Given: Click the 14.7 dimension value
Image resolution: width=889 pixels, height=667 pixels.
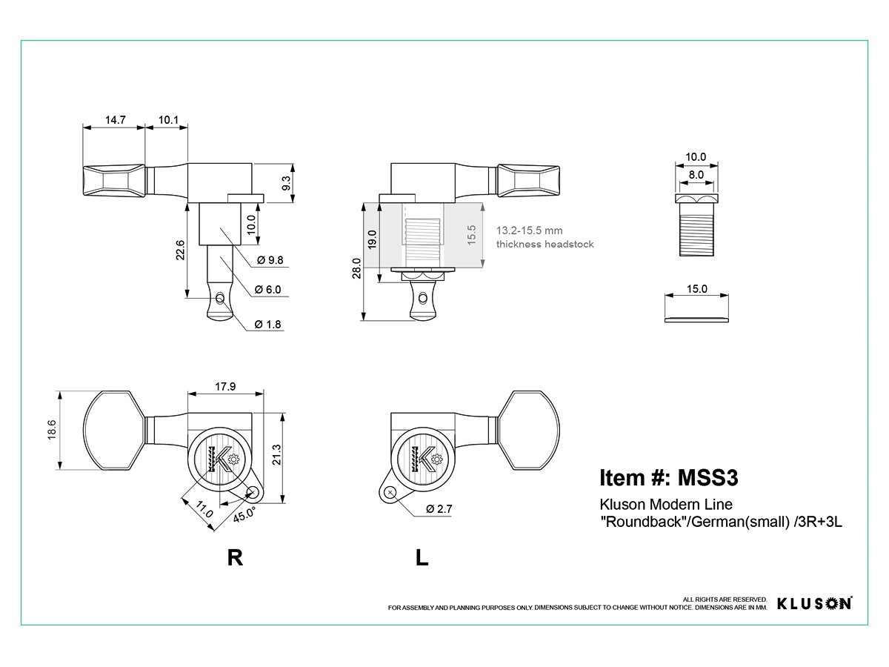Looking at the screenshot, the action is pos(116,120).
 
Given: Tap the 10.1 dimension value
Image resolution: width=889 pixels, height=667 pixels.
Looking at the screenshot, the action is pos(168,120).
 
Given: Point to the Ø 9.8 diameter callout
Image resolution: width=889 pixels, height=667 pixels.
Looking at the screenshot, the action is pos(270,260).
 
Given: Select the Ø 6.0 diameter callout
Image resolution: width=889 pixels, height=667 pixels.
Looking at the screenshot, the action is pos(267,290).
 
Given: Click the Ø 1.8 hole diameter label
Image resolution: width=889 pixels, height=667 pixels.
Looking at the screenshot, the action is pos(267,325).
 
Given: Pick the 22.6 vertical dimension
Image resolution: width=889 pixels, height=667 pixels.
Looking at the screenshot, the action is pos(180,250).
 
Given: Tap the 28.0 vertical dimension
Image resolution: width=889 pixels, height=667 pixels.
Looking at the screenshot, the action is pos(356,268).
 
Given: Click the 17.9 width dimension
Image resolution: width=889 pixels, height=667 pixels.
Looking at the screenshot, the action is pos(225,386).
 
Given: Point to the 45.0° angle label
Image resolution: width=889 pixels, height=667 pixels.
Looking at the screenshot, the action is pos(244,514).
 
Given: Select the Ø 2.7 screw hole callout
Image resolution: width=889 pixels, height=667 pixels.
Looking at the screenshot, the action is pos(439,509).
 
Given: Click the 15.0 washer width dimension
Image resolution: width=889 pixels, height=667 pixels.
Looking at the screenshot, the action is pos(696,289).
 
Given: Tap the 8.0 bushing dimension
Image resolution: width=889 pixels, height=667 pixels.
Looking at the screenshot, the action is pos(696,175).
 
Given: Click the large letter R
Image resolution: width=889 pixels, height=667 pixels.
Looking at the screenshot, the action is pos(236,557).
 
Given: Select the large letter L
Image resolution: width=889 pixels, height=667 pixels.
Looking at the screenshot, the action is pos(422,557).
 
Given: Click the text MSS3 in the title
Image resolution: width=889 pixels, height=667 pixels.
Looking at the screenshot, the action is pos(708,477).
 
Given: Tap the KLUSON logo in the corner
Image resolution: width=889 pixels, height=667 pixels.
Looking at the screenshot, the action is pos(814,603).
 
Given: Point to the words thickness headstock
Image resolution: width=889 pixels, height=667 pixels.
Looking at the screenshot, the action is pos(545,245).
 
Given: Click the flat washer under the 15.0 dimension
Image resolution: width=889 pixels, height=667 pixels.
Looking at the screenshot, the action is pos(696,320).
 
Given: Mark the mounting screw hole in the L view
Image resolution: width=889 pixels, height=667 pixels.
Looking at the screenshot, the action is pos(390,493).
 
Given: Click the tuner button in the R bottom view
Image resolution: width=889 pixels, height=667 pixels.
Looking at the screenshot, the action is pos(114,430).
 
